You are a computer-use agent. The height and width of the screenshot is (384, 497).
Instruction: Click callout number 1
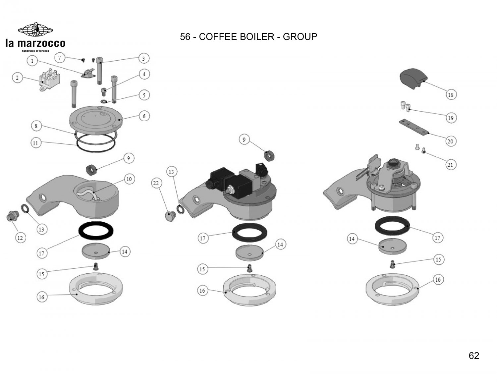[x=32, y=61]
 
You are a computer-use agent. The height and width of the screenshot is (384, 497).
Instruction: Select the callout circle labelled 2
[x=17, y=78]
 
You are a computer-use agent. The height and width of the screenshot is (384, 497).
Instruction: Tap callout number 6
[x=144, y=116]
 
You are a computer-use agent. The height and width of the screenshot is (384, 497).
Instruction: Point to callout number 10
[x=129, y=179]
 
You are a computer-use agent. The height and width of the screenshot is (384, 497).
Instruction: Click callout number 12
[x=20, y=238]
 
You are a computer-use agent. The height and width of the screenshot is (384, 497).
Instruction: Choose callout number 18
[x=451, y=95]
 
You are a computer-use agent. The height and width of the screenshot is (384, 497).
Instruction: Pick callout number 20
[x=450, y=141]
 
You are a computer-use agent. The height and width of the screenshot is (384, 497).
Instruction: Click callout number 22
[x=156, y=183]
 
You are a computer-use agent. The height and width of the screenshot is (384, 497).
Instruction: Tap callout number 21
[x=450, y=165]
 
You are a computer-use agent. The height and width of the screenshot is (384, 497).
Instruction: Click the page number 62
[x=474, y=356]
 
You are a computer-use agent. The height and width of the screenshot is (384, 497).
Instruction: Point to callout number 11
[x=36, y=143]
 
